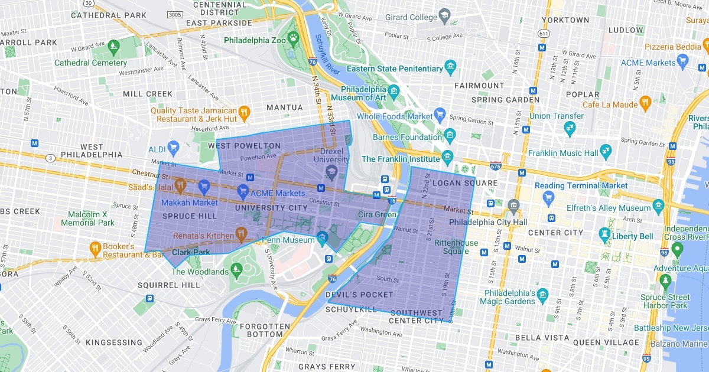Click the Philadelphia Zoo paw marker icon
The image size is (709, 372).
[x=293, y=38]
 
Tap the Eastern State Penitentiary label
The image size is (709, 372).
[x=395, y=68]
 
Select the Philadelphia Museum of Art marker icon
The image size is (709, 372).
[x=394, y=90]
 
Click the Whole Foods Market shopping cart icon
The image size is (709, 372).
[x=439, y=113]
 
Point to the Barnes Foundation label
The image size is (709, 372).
[x=408, y=138]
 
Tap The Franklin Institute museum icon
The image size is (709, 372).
[x=447, y=156]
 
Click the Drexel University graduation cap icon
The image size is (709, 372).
[x=331, y=171]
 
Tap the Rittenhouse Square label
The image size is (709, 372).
[x=456, y=247]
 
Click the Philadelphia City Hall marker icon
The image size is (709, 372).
[x=513, y=207]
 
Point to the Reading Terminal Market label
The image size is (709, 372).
[x=581, y=185]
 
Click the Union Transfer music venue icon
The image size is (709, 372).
[x=570, y=127]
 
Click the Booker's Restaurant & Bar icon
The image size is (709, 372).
[x=95, y=247]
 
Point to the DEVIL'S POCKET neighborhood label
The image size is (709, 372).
[x=359, y=295]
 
